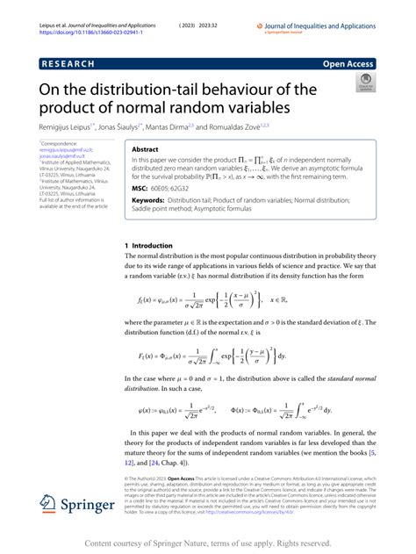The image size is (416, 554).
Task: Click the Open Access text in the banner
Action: [x=349, y=64]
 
